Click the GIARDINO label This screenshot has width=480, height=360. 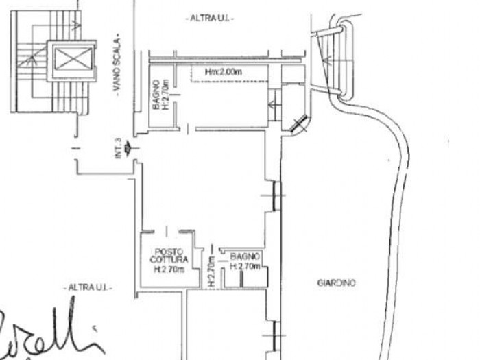[x=337, y=282]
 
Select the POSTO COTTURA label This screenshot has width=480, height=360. [x=168, y=255]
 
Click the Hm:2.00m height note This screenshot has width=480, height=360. [x=225, y=71]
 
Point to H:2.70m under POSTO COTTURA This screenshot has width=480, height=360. [x=169, y=269]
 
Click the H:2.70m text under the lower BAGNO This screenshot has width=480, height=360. [x=245, y=265]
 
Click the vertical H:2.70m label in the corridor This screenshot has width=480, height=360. [x=211, y=270]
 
